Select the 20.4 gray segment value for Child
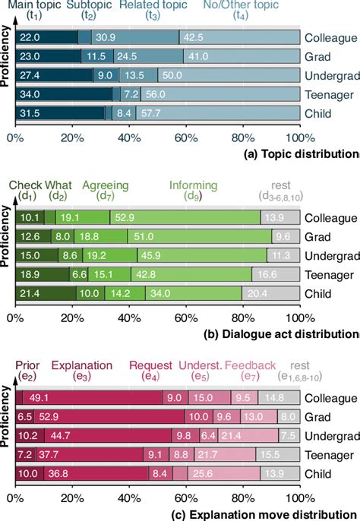click(279, 293)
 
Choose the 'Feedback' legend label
click(250, 365)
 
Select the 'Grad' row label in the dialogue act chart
click(318, 237)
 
